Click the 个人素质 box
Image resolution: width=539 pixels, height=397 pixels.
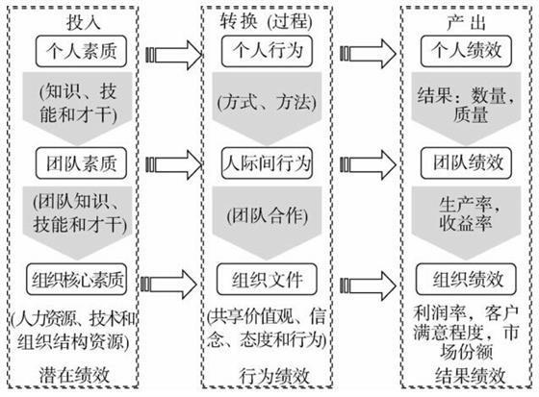coord(81,51)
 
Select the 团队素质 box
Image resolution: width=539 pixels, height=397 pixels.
coord(81,163)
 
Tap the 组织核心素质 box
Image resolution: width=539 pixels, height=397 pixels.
coord(77,279)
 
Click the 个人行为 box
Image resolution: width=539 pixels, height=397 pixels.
coord(268,51)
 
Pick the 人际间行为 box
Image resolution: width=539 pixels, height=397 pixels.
coord(268,163)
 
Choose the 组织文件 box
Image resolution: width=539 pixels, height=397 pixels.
coord(267,279)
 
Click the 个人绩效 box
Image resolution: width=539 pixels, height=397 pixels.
coord(466,51)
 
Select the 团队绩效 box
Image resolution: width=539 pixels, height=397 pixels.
coord(466,163)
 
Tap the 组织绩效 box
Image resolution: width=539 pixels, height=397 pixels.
coord(466,279)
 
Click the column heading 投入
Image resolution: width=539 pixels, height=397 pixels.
coord(83,23)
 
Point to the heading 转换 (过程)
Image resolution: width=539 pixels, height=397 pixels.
coord(267,22)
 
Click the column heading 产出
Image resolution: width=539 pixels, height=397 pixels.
coord(466,23)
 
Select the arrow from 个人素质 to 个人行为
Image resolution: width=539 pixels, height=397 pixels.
coord(174,55)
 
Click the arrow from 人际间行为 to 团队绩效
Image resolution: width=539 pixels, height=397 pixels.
coord(368,164)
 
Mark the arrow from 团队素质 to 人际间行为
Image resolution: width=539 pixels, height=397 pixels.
coord(174,164)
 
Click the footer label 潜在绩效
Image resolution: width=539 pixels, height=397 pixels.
coord(75,375)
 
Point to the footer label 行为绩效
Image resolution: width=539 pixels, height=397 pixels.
coord(274,377)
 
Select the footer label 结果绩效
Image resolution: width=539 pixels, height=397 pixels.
coord(471,376)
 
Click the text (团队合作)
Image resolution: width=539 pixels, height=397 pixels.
coord(268,216)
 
